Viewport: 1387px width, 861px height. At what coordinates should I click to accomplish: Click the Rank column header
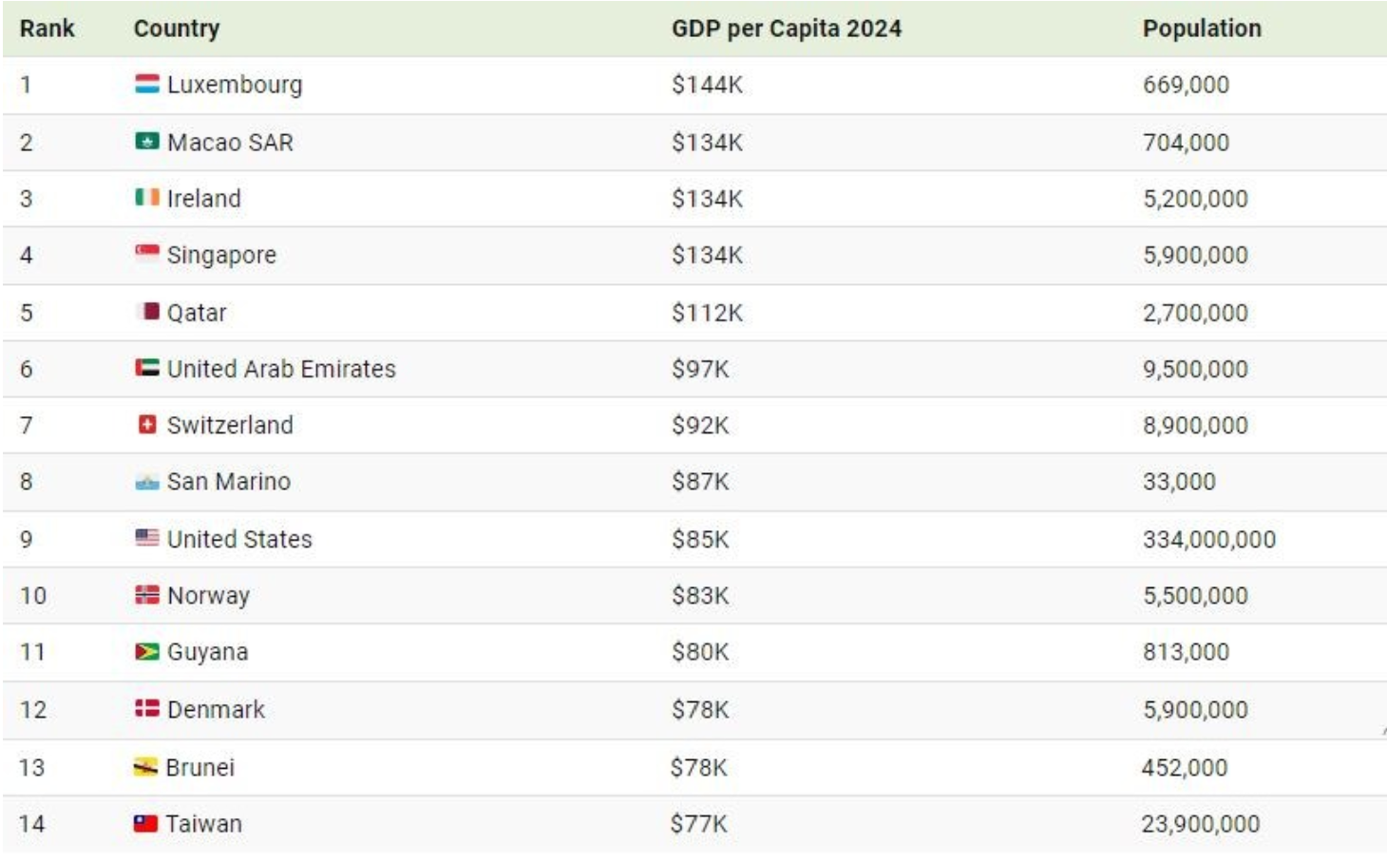tap(47, 29)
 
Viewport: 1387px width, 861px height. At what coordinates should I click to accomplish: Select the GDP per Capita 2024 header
tap(787, 29)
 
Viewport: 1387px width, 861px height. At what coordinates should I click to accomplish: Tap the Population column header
tap(1202, 29)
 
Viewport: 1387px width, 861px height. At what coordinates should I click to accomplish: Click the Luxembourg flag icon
tap(146, 84)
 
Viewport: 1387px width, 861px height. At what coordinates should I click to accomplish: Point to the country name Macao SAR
tap(230, 143)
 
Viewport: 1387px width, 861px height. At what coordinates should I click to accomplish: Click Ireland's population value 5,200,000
tap(1195, 199)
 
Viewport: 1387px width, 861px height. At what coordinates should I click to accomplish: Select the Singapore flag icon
tap(146, 254)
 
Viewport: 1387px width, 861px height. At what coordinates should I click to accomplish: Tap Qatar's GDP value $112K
tap(707, 313)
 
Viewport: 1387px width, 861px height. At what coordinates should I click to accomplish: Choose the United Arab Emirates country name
tap(282, 369)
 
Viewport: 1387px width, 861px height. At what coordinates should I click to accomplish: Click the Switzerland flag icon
tap(146, 425)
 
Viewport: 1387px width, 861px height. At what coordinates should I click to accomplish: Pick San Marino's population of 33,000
tap(1179, 481)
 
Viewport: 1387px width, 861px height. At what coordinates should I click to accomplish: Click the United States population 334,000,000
tap(1209, 539)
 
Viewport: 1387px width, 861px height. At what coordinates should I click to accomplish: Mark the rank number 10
tap(33, 596)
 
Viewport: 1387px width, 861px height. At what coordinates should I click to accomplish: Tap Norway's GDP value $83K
tap(700, 596)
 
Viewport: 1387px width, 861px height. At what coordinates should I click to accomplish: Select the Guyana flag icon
tap(146, 652)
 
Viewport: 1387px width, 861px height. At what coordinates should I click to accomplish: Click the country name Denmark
tap(216, 709)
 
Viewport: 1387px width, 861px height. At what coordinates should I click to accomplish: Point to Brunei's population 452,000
tap(1185, 768)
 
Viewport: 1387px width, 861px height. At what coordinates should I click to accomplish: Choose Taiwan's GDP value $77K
tap(698, 824)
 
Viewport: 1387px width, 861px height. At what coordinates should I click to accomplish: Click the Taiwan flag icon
tap(145, 823)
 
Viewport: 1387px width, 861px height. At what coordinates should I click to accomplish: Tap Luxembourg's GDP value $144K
tap(707, 85)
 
